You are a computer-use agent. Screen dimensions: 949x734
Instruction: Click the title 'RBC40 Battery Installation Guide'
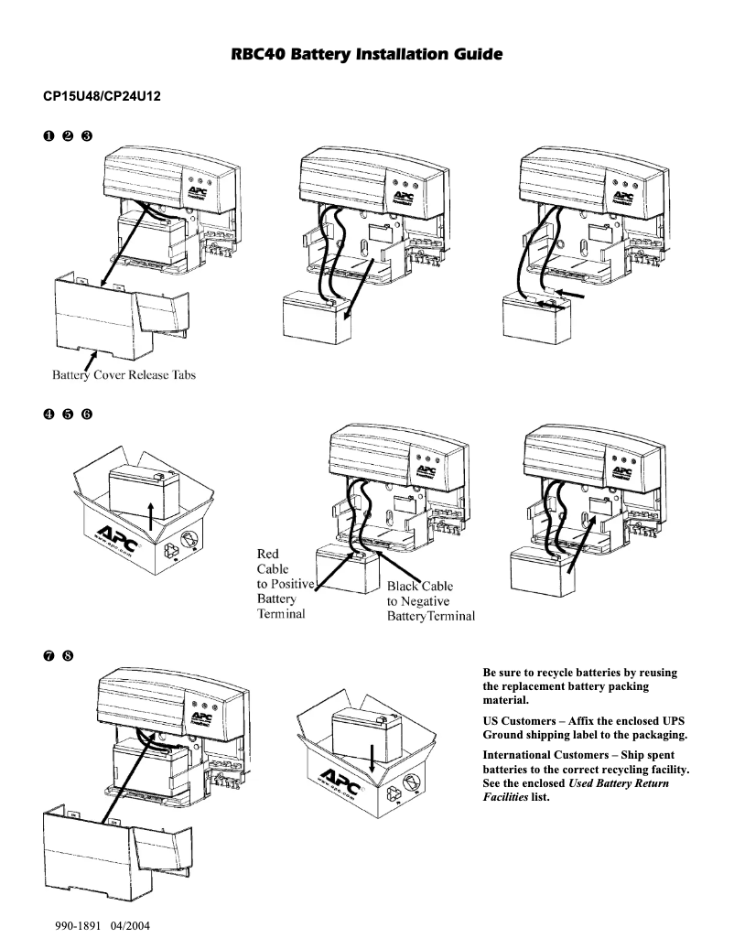[x=366, y=57]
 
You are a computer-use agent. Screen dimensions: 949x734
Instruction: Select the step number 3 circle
[x=87, y=136]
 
